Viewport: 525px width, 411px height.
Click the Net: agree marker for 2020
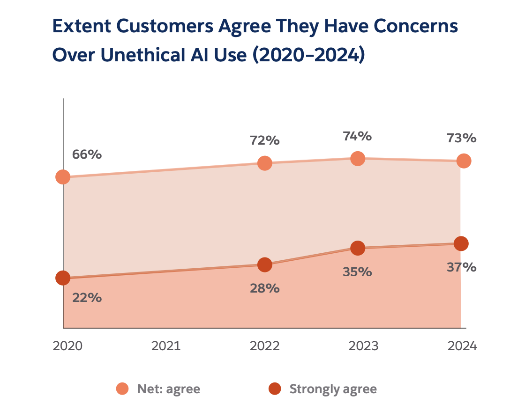pos(63,177)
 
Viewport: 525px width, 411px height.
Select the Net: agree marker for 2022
pos(265,163)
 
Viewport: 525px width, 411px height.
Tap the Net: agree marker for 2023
pos(358,159)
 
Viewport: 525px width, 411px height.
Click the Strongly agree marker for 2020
pos(63,278)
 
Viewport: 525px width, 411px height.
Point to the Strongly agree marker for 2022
pos(265,264)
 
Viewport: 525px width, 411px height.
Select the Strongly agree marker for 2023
pos(358,248)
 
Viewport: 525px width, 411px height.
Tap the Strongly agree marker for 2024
pos(461,243)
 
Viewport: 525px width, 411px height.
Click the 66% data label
pos(87,154)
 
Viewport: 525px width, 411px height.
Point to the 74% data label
pos(357,136)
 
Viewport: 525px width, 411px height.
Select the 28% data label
pos(265,288)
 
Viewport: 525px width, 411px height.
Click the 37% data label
pos(462,267)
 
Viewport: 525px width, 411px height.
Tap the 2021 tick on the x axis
pos(166,346)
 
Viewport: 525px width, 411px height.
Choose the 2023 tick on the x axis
pos(364,346)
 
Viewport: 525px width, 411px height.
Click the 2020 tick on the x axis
pos(67,346)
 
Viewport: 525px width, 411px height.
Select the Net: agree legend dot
pos(122,389)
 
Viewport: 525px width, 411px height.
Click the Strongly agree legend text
pos(333,389)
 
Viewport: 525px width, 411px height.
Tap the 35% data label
pos(357,272)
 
